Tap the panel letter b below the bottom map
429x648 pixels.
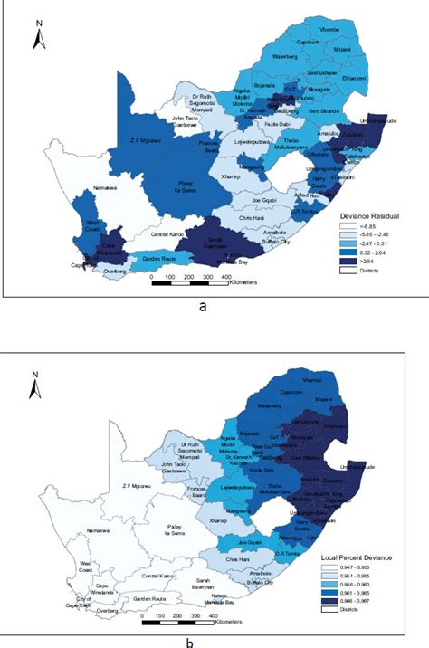[213, 642]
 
